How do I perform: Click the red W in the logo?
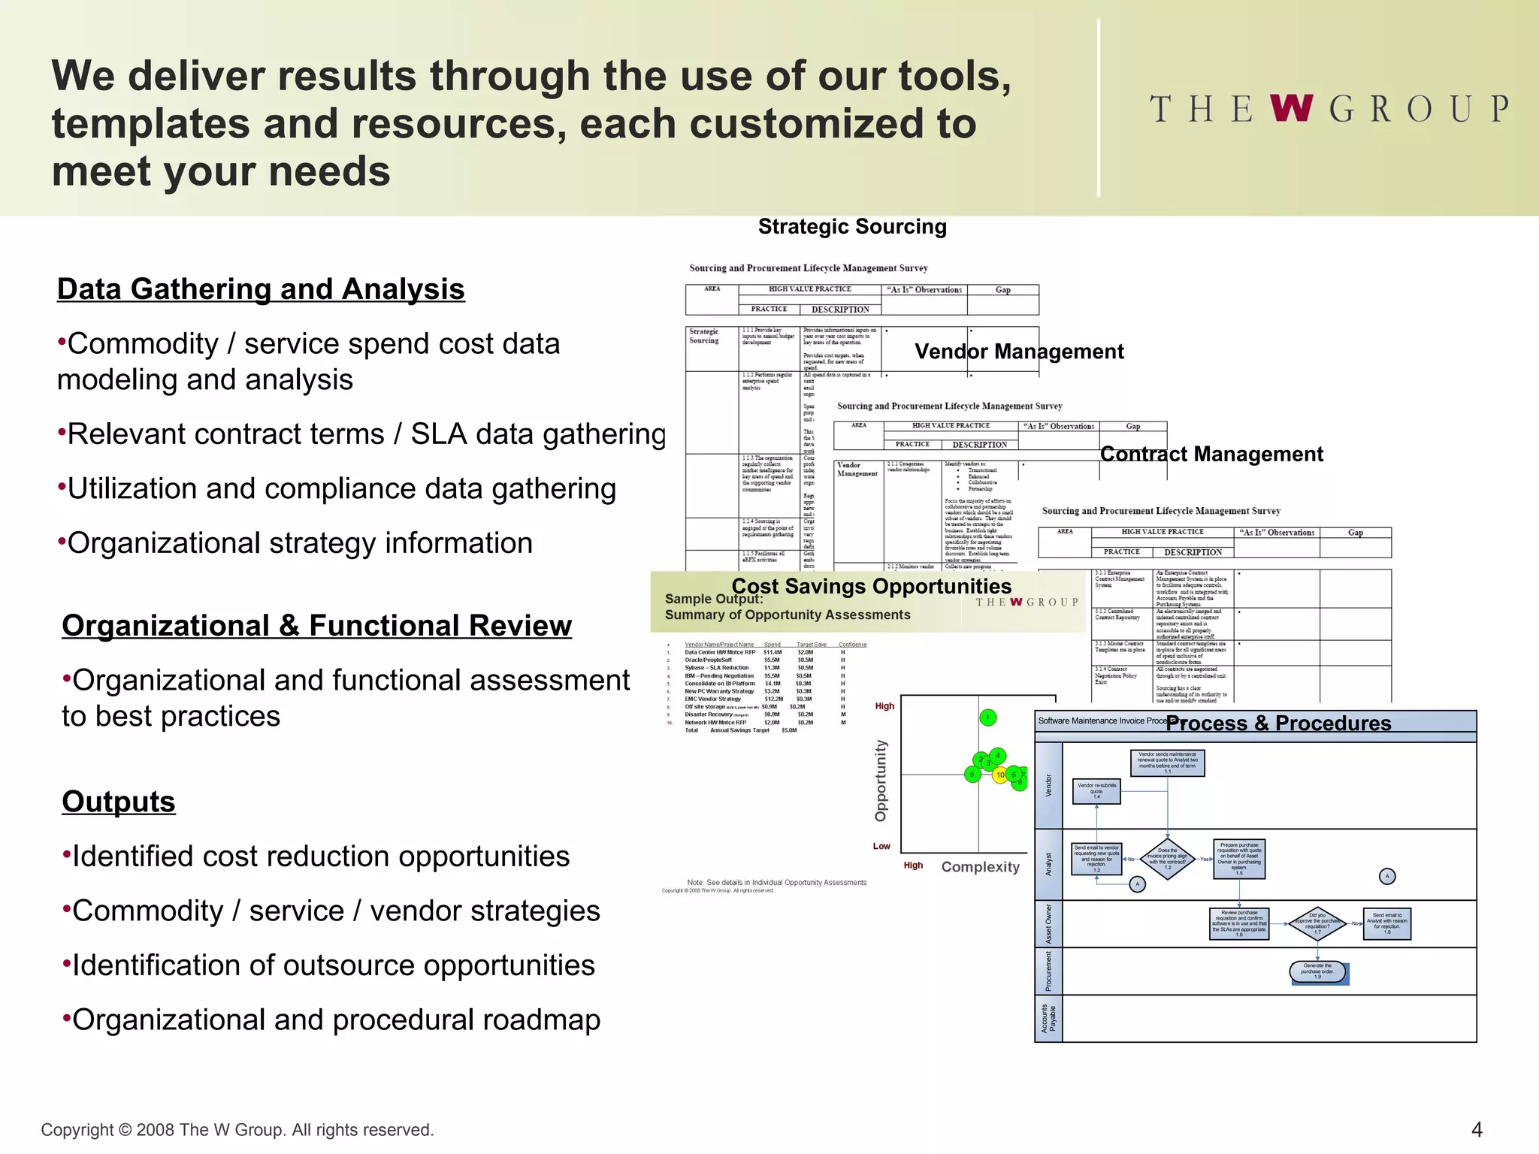coord(1292,108)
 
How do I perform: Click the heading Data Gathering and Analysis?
coord(261,289)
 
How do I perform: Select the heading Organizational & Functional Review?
coord(316,626)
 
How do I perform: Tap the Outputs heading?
coord(119,802)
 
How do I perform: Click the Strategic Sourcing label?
coord(852,227)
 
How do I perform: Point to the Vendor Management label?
coord(1019,352)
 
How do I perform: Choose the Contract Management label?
coord(1211,454)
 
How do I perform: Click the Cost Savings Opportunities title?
coord(871,586)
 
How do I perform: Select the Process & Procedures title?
coord(1278,723)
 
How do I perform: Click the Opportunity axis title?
coord(881,781)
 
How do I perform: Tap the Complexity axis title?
coord(980,867)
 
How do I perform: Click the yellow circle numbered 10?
coord(1000,775)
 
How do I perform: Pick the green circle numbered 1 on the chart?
coord(988,718)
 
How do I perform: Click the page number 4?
coord(1476,1130)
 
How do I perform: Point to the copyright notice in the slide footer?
coord(237,1130)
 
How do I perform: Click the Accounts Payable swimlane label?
coord(1048,1019)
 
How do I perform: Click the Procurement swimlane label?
coord(1048,971)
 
